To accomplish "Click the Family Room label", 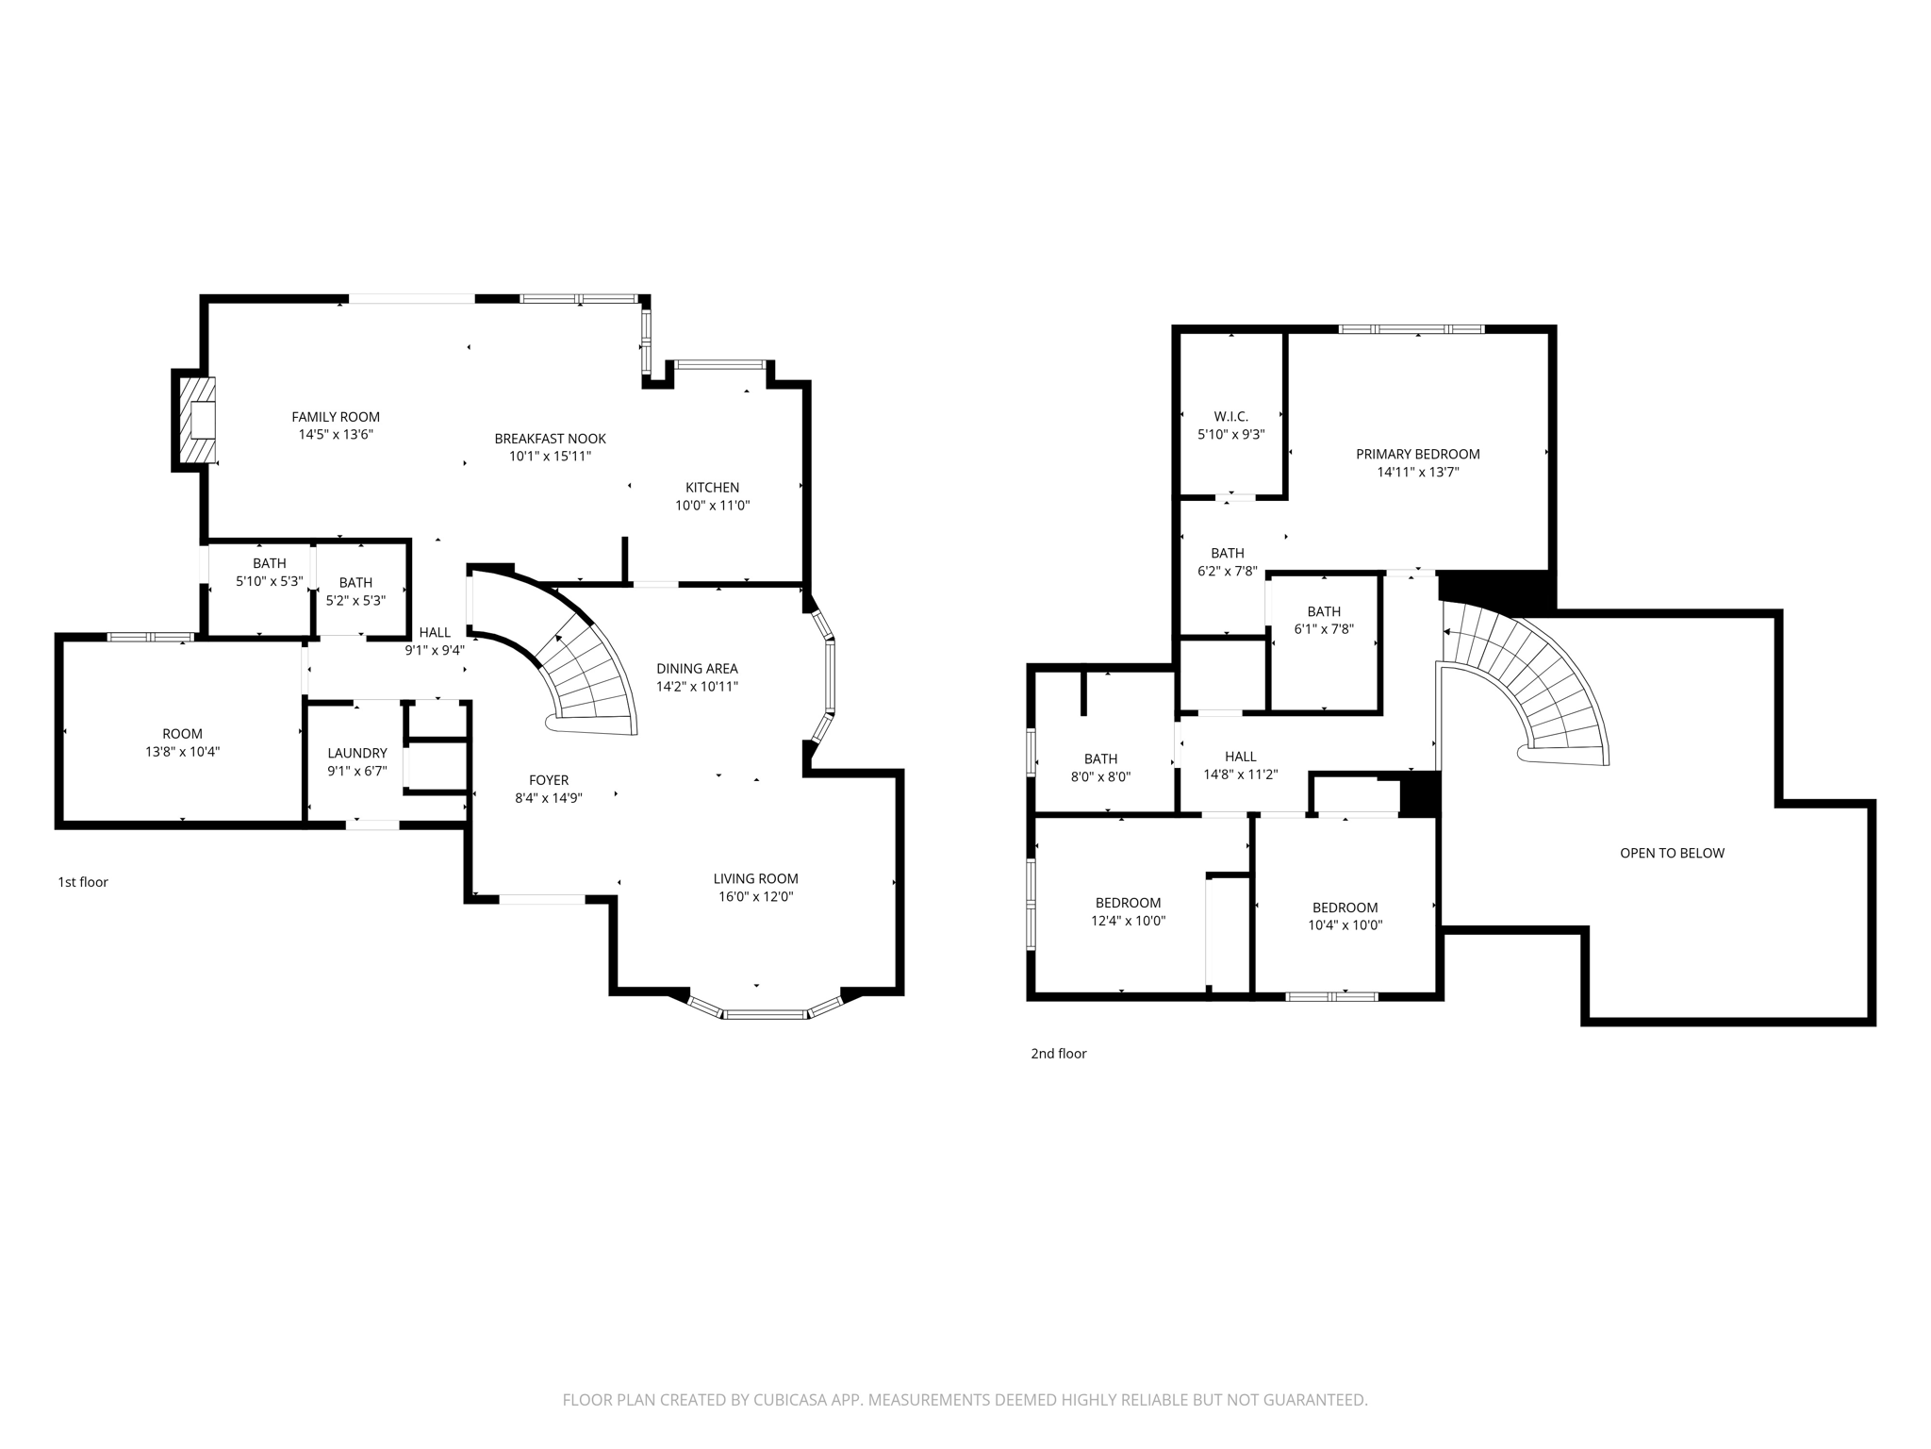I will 335,417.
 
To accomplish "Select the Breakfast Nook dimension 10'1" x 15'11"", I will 550,457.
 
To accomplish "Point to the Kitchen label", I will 712,488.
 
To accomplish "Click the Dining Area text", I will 697,669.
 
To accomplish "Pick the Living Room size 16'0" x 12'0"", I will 755,897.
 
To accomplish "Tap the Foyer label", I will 548,780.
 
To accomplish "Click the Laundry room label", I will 356,753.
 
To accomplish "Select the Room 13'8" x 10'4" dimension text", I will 182,752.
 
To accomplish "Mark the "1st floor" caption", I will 83,882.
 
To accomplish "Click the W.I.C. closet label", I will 1230,416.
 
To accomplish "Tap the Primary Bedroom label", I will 1417,454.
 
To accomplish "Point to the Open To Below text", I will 1672,853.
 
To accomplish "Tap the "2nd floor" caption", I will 1058,1054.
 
